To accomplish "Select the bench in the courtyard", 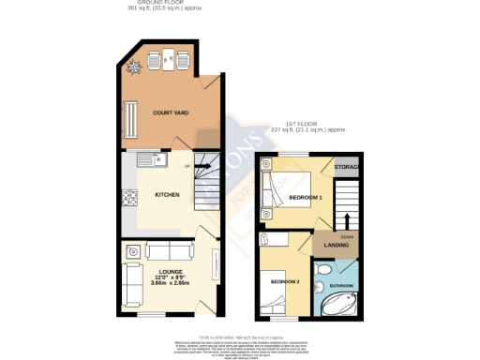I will (x=128, y=116).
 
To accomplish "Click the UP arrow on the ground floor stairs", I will (x=198, y=166).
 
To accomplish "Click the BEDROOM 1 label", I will (x=306, y=199).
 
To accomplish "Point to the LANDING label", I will (x=337, y=246).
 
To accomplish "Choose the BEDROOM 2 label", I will (x=284, y=281).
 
